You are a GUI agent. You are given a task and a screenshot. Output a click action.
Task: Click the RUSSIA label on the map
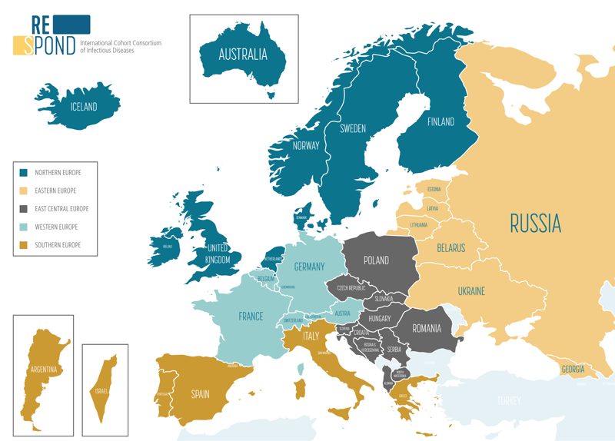536,224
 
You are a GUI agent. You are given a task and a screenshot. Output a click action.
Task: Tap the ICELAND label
83,107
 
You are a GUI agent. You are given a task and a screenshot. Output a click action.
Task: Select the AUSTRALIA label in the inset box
243,55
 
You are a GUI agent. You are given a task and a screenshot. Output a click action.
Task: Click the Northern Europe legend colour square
24,172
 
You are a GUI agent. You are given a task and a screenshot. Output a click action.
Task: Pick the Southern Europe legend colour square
24,245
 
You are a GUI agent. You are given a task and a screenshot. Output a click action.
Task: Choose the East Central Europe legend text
62,209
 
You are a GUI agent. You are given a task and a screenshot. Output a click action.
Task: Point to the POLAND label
376,260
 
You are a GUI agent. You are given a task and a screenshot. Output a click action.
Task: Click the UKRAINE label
471,291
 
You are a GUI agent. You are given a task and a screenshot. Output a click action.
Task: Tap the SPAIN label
200,394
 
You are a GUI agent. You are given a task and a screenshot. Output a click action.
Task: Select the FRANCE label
251,316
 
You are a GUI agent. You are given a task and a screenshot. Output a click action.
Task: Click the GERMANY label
310,267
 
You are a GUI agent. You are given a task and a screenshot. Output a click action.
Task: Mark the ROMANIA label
427,328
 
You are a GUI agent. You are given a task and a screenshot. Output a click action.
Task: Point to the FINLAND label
441,121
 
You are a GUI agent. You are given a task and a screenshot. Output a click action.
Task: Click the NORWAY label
305,146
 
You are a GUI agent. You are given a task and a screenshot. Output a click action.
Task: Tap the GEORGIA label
572,370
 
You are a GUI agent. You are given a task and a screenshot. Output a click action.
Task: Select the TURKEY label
508,401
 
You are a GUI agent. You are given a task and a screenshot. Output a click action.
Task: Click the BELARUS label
451,247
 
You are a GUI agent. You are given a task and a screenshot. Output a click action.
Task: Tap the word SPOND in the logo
55,45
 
